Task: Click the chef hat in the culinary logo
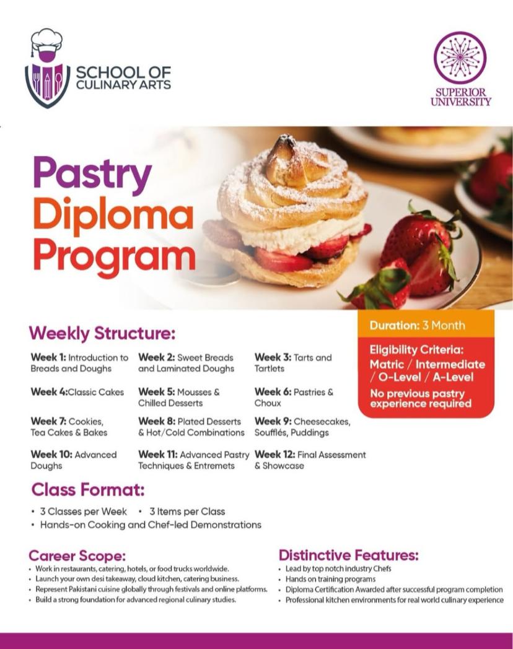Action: [x=47, y=41]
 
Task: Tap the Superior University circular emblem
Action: [x=460, y=58]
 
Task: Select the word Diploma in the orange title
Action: [x=113, y=216]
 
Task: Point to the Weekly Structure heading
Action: [x=102, y=333]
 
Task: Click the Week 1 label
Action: [x=48, y=357]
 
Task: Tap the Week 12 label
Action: [x=275, y=455]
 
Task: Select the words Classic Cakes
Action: [x=95, y=392]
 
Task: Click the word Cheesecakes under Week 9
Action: [x=322, y=422]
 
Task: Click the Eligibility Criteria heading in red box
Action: [x=416, y=350]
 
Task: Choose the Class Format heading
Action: [x=88, y=490]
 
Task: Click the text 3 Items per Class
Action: [x=187, y=512]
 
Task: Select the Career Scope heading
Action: [x=77, y=555]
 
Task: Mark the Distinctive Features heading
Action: [x=349, y=555]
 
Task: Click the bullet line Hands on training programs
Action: [x=330, y=579]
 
